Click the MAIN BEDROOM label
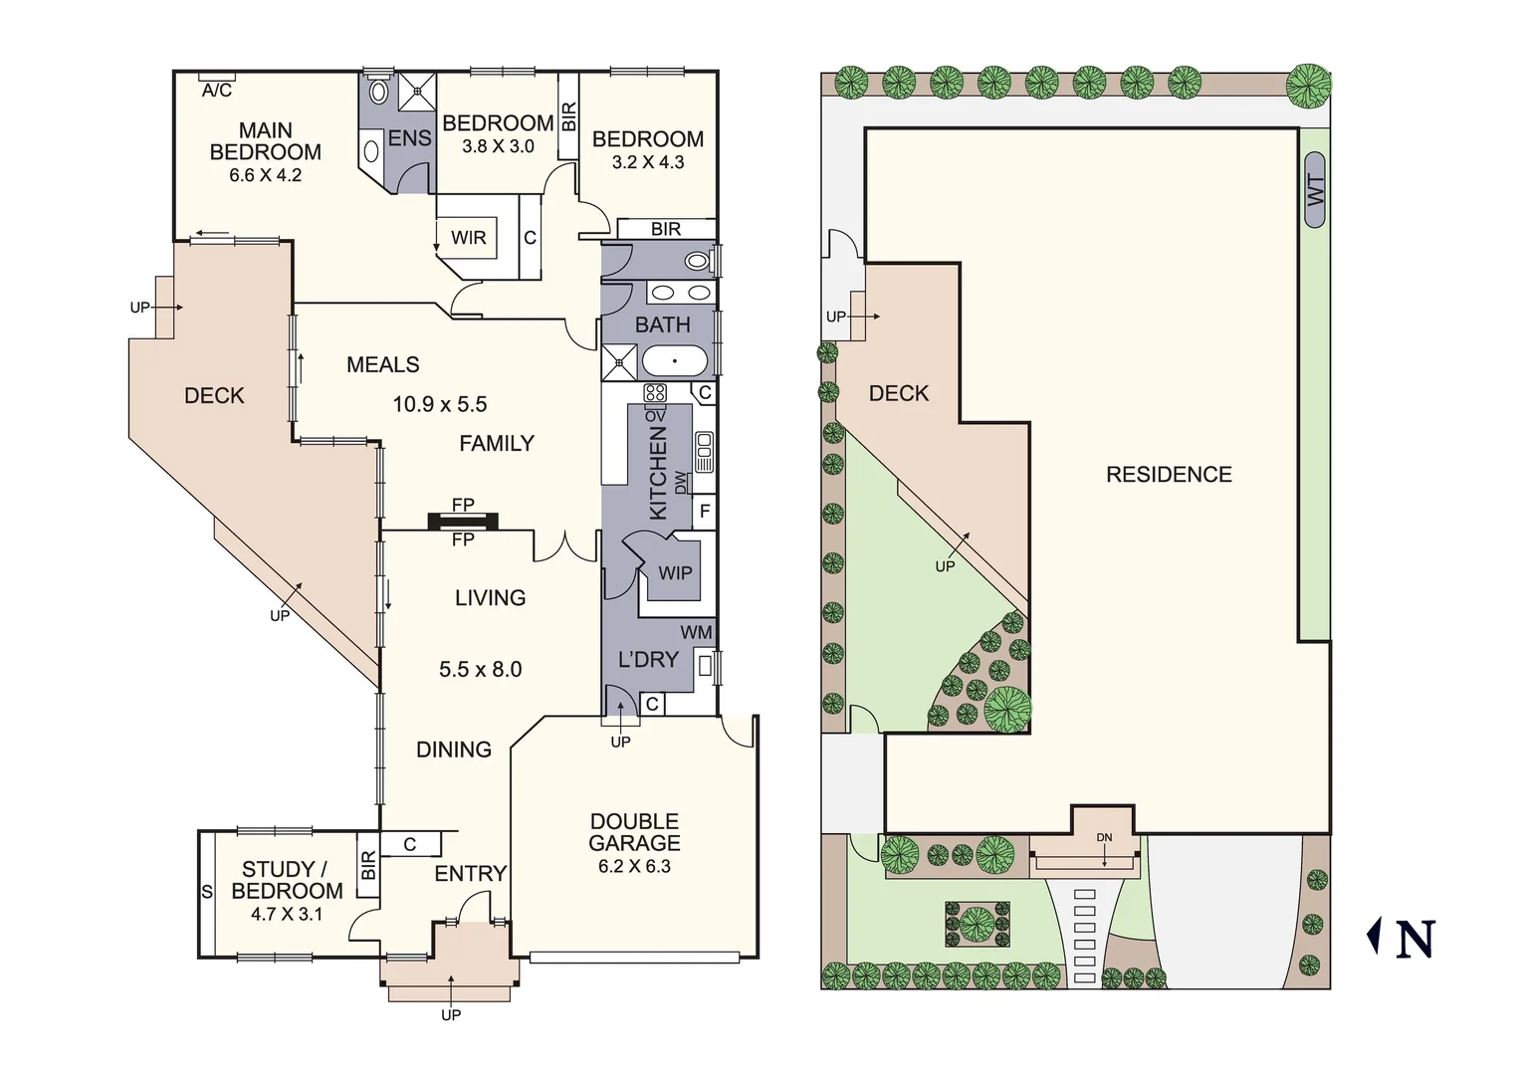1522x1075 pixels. (x=265, y=141)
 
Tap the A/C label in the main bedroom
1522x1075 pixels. (x=217, y=91)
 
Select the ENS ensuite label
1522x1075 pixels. (x=409, y=138)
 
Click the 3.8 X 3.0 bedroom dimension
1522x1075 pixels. (x=498, y=146)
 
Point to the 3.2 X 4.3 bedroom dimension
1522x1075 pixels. (x=647, y=162)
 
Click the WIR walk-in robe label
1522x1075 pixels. (x=468, y=238)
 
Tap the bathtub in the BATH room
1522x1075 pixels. (x=675, y=360)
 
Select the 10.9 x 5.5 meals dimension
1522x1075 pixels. (x=439, y=404)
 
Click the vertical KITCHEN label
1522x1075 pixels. (x=658, y=473)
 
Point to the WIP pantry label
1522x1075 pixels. (x=675, y=573)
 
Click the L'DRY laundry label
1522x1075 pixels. (x=648, y=659)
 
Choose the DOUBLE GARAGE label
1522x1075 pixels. (x=634, y=832)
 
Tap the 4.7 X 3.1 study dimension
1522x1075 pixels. (x=287, y=914)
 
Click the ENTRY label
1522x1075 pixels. (x=471, y=874)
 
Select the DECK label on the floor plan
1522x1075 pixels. (x=214, y=395)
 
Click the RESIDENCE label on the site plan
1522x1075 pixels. (x=1169, y=475)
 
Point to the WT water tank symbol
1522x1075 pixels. (x=1314, y=190)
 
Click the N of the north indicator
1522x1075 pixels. (x=1414, y=940)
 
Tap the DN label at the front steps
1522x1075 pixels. (x=1104, y=837)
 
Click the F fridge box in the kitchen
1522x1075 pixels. (x=705, y=512)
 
